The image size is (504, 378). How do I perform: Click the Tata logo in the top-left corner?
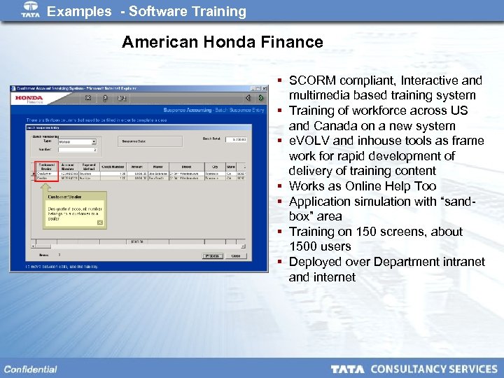click(31, 9)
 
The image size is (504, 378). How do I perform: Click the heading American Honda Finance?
click(222, 42)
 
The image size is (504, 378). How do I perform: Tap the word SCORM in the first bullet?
click(311, 80)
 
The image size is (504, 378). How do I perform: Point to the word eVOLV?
click(309, 141)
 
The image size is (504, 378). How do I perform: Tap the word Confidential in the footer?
click(30, 369)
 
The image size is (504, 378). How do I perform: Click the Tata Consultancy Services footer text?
click(414, 369)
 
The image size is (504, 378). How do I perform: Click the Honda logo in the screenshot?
click(29, 98)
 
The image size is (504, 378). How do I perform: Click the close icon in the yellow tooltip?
click(99, 223)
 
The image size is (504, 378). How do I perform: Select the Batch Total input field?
click(235, 139)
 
